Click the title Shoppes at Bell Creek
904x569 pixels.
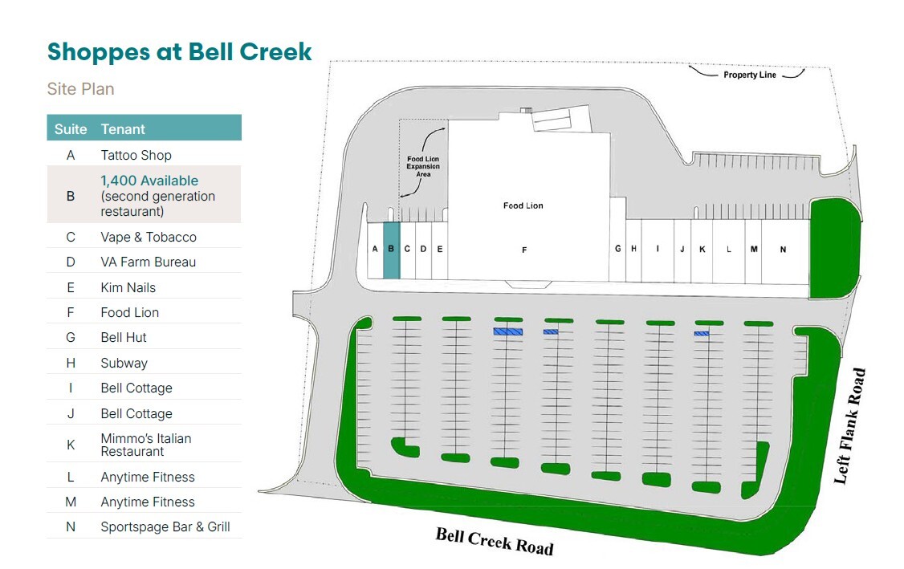179,52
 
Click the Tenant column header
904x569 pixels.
123,129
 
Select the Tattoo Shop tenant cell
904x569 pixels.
136,155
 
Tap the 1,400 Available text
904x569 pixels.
149,181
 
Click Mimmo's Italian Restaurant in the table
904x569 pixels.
146,445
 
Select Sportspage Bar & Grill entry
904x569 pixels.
165,527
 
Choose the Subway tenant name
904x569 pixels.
124,364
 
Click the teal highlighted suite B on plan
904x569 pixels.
392,250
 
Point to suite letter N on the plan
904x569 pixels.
783,250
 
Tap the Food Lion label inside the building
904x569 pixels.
523,205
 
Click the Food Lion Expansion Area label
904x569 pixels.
423,167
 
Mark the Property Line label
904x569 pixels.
750,75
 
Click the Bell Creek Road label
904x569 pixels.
494,541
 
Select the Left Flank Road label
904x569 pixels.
849,426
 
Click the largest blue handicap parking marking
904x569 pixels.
508,331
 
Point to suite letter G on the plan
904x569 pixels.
617,249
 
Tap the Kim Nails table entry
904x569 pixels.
128,287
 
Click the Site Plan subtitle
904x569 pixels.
81,89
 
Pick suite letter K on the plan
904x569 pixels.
702,249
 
